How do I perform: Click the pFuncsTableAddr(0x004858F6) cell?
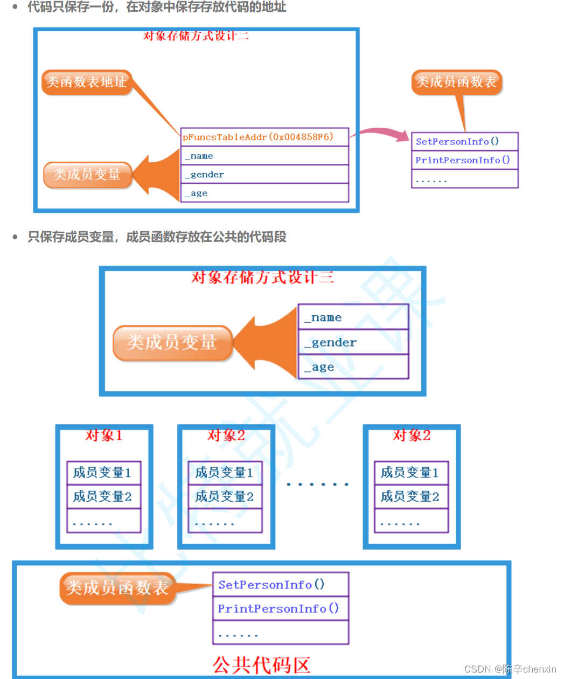tap(264, 137)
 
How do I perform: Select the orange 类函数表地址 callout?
tap(86, 82)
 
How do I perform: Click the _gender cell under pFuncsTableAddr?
tap(264, 175)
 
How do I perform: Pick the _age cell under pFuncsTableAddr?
tap(264, 193)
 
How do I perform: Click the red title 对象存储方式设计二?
tap(196, 36)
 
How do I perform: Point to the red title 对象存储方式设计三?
tap(262, 278)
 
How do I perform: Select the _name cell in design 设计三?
tap(353, 317)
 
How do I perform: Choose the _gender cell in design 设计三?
tap(353, 342)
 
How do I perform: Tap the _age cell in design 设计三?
tap(353, 367)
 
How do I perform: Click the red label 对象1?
tap(104, 435)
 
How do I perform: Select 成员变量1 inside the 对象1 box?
tap(103, 473)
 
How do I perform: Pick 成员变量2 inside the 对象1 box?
tap(103, 496)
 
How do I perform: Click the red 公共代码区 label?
tap(261, 665)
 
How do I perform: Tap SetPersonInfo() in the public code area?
tap(280, 585)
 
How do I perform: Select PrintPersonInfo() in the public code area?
tap(280, 609)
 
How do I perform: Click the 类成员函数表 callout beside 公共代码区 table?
tap(117, 587)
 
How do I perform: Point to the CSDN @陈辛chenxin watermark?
tap(510, 669)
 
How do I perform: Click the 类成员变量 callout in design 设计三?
tap(172, 343)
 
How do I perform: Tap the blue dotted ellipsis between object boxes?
tap(317, 484)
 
